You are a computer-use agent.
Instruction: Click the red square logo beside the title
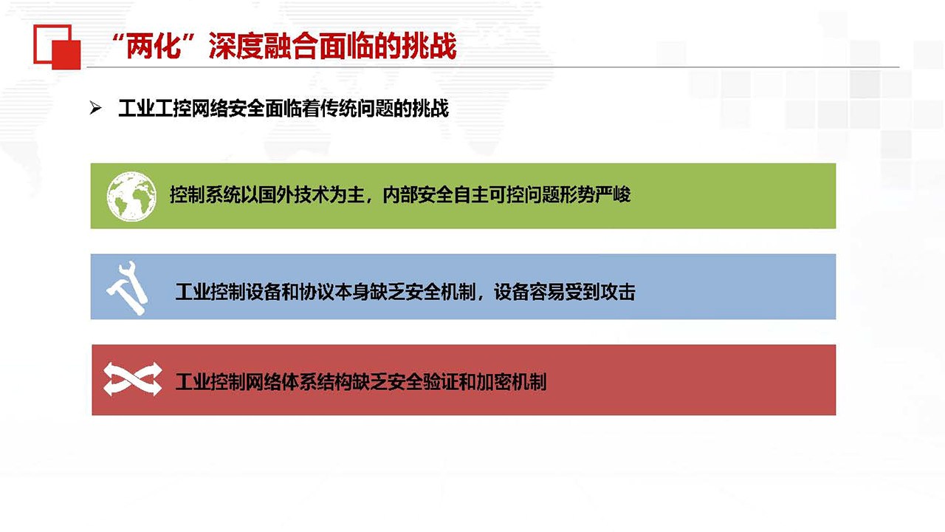point(57,47)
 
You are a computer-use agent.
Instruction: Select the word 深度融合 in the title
point(264,46)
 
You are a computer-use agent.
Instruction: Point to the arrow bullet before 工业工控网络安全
point(95,109)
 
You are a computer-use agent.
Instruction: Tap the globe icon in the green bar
point(131,196)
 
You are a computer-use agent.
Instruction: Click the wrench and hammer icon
point(128,288)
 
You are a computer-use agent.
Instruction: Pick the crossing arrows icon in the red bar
point(132,379)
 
